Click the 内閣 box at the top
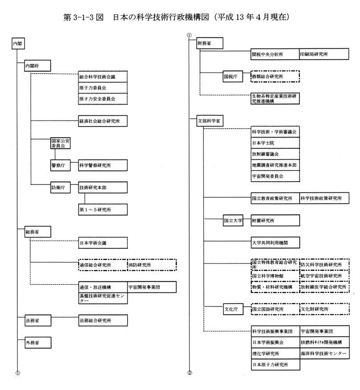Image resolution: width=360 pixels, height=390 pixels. point(18,43)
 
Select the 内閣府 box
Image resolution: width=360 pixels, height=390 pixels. point(37,65)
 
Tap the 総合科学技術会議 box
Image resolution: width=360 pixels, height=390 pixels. point(103,77)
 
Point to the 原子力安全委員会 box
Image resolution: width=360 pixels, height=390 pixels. point(103,99)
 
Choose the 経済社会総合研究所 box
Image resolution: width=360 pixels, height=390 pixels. point(103,121)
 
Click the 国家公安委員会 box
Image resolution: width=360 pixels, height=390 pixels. point(61,143)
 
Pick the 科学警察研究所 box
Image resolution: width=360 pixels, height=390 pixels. point(103,166)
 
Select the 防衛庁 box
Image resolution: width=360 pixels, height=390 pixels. point(61,187)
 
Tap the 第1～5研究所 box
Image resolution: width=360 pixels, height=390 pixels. point(103,210)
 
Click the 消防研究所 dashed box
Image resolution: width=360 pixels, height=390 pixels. point(152,265)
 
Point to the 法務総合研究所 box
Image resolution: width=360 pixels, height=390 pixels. point(103,321)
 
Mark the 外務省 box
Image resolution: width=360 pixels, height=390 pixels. point(38,342)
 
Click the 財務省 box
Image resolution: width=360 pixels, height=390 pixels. point(210,43)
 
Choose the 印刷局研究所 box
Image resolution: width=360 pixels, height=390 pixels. point(324,54)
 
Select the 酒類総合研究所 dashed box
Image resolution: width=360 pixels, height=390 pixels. point(275,77)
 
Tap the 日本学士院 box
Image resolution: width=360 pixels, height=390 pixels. point(275,143)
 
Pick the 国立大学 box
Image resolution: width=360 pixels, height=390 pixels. point(233,220)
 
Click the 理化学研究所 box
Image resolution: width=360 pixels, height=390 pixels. point(276,353)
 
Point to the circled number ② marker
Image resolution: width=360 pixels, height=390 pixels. point(190,373)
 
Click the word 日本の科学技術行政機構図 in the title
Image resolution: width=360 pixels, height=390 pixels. point(161,17)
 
